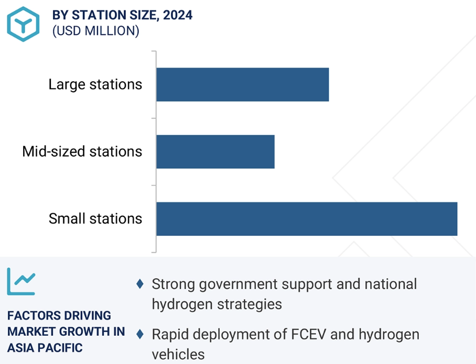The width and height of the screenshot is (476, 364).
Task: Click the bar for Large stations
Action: coord(242,84)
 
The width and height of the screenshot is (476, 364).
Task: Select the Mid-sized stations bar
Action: coord(215,151)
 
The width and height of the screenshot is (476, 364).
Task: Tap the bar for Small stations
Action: coord(306,218)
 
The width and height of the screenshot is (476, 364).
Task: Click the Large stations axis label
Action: coord(95,84)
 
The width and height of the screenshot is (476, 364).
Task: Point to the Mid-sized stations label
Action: coord(82,151)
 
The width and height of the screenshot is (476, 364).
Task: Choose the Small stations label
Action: coord(95,218)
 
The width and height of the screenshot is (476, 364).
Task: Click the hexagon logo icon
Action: coord(24,24)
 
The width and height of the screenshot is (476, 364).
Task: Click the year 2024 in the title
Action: coord(178,15)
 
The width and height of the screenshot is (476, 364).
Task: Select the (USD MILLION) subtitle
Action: coord(96,31)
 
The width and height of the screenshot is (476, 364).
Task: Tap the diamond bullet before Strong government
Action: coord(140,284)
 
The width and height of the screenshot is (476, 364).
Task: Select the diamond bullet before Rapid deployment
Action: coord(140,334)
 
